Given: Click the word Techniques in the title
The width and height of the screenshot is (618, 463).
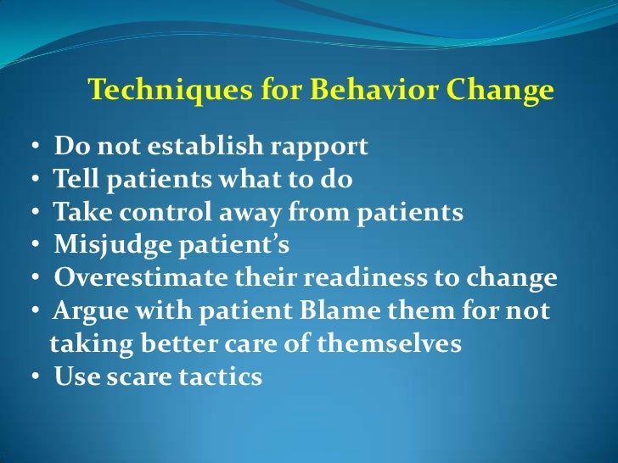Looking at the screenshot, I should pyautogui.click(x=149, y=91).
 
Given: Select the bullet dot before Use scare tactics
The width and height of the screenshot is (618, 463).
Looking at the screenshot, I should pyautogui.click(x=39, y=378).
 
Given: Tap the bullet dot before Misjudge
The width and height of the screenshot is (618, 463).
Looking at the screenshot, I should pyautogui.click(x=39, y=247).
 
